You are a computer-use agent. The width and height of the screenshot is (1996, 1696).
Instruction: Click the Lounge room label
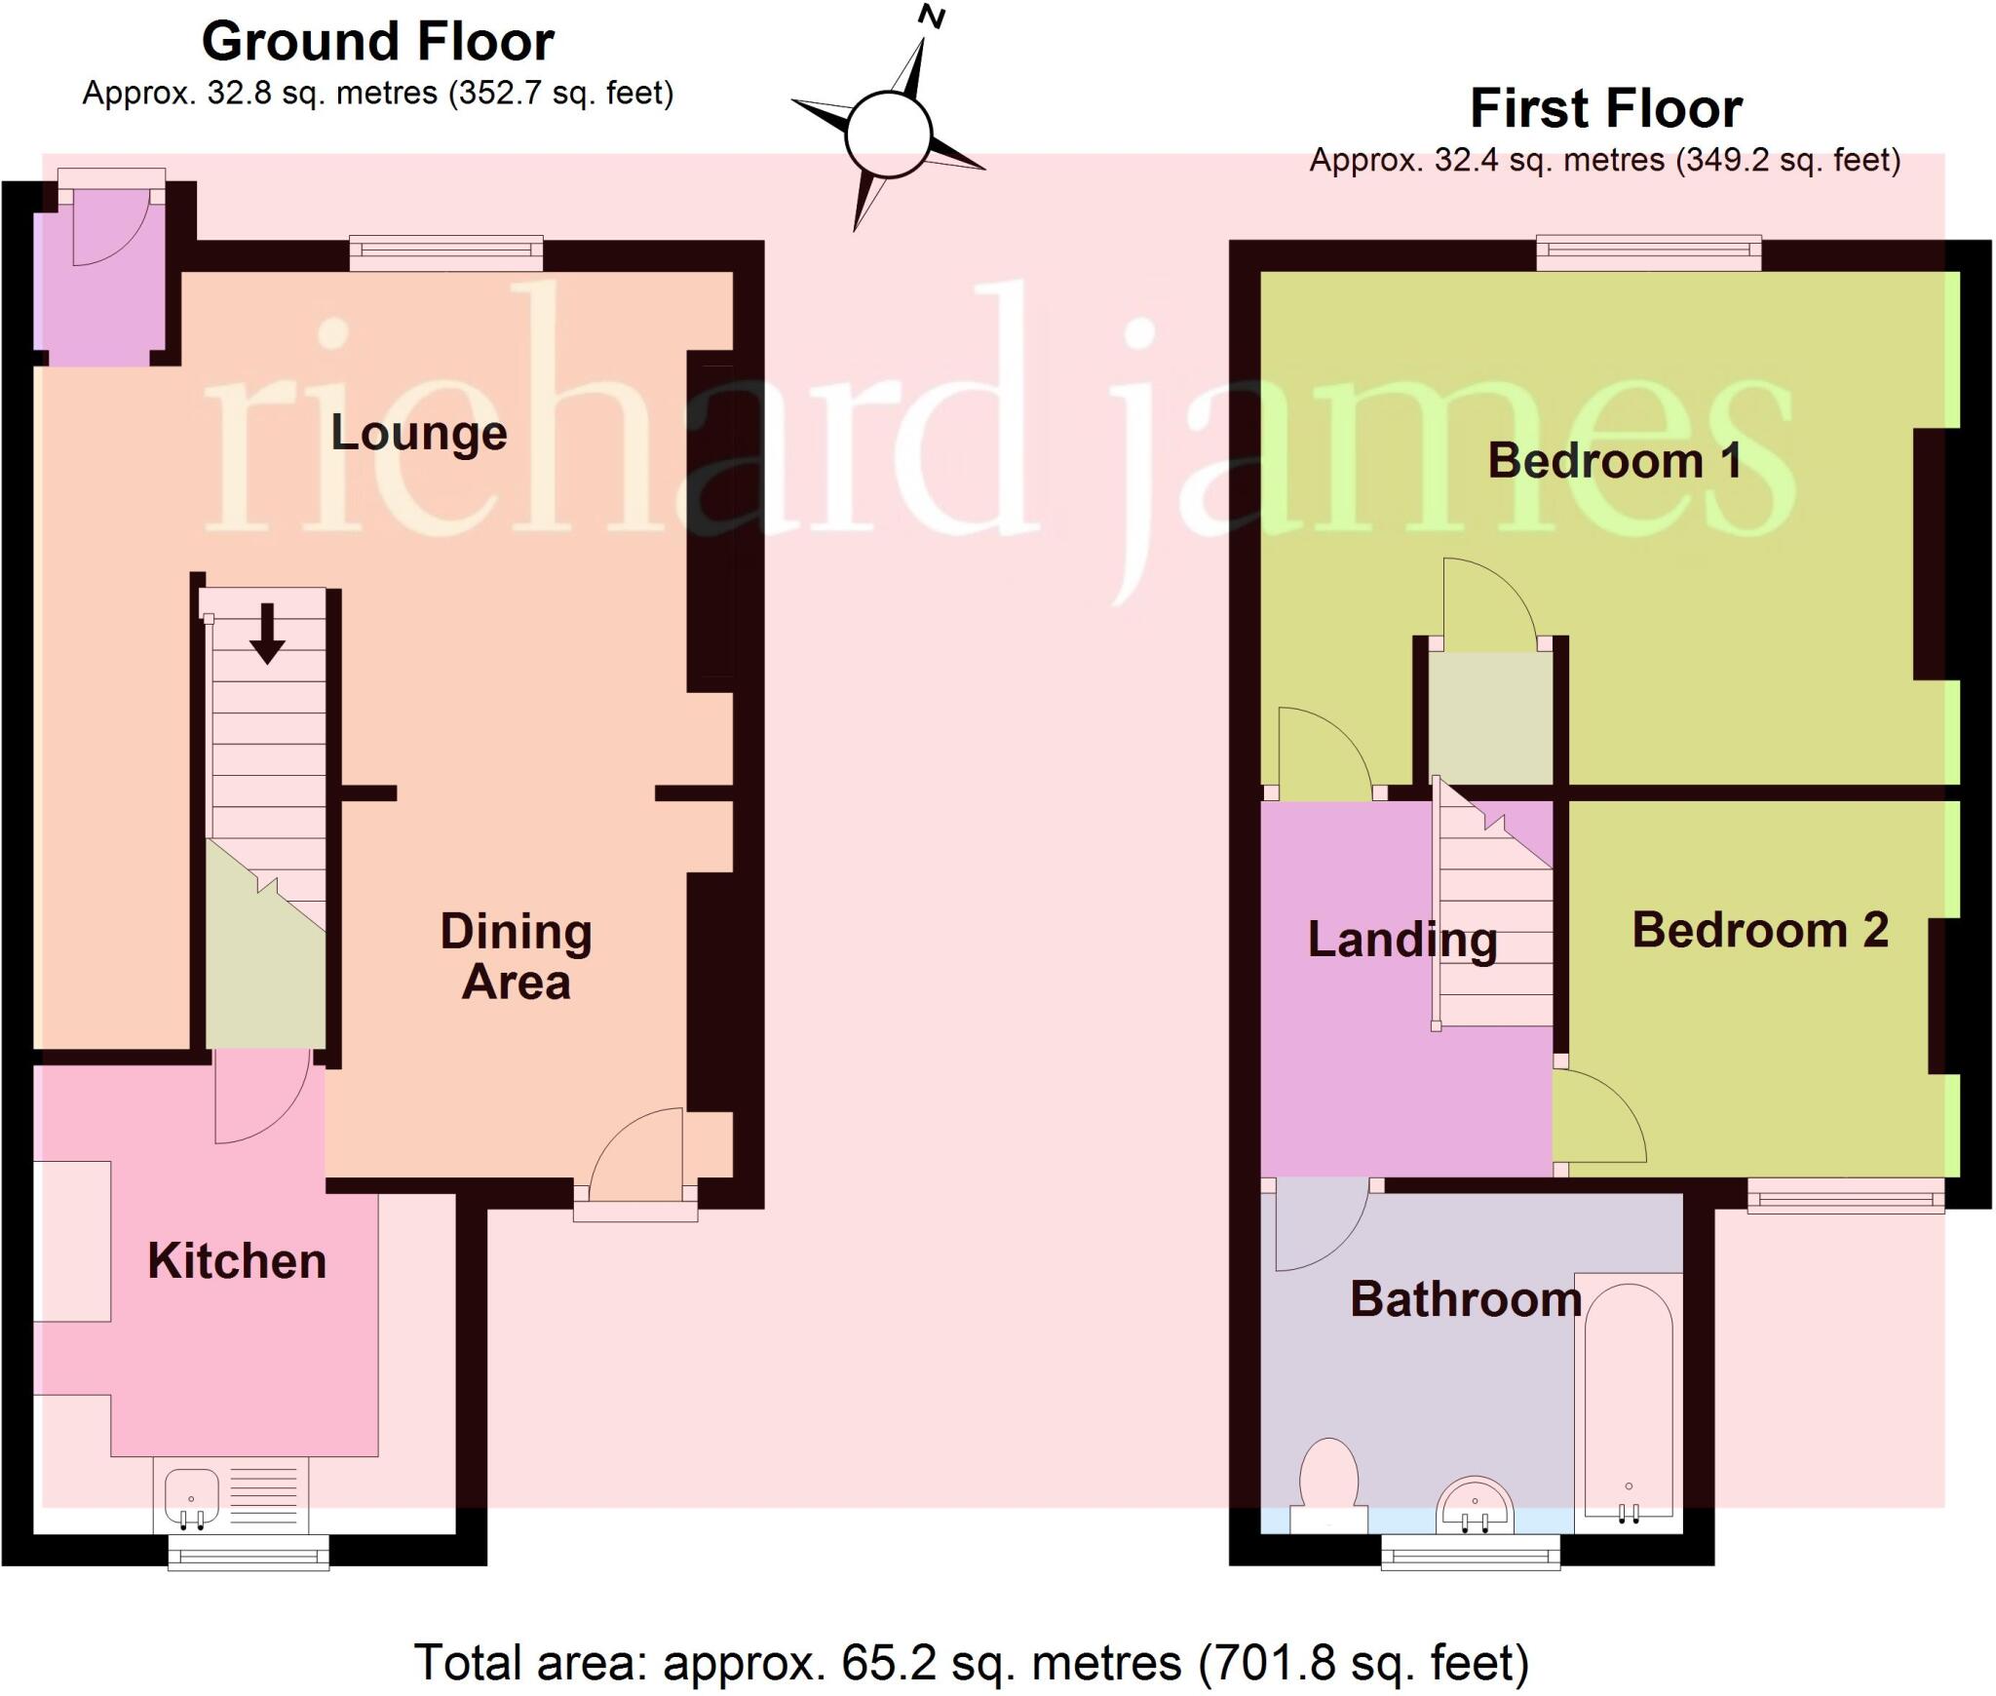[x=419, y=433]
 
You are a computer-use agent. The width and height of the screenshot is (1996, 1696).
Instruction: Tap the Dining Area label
[x=516, y=956]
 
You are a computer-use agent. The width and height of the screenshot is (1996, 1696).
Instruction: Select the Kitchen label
[x=237, y=1261]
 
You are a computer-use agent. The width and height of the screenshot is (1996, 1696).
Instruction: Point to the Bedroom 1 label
[x=1615, y=460]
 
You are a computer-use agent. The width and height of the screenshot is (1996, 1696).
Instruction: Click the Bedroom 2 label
[x=1760, y=930]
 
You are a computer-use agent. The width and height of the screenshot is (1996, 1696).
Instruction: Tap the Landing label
[x=1401, y=940]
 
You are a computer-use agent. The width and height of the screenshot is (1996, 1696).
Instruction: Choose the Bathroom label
[x=1465, y=1299]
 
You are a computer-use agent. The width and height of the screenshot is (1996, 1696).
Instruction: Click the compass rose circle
[x=888, y=135]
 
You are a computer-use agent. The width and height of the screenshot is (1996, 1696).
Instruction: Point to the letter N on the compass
[x=933, y=17]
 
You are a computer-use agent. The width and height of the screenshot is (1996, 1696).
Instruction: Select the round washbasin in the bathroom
[x=1475, y=1507]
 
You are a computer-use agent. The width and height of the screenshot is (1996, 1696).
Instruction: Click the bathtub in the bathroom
[x=1628, y=1404]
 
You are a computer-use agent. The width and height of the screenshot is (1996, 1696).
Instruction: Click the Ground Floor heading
[x=378, y=42]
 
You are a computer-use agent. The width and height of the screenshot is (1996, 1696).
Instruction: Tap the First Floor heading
[x=1605, y=108]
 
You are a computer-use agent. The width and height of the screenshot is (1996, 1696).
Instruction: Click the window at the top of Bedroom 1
[x=1648, y=253]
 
